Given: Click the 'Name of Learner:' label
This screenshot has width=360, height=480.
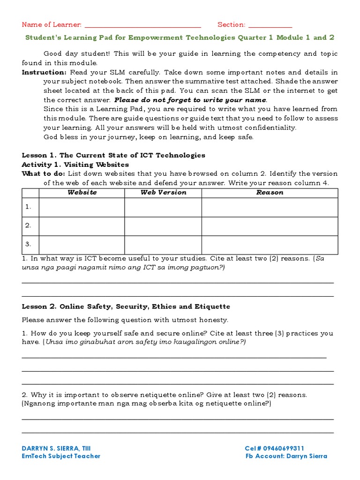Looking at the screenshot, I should click(x=52, y=24).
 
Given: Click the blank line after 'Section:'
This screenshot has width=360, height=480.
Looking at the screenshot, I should click(x=270, y=26).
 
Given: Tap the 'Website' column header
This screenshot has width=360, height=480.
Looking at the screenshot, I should click(x=82, y=192).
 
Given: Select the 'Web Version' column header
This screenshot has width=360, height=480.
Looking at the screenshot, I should click(x=163, y=192).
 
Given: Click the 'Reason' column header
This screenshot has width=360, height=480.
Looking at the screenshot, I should click(x=270, y=192).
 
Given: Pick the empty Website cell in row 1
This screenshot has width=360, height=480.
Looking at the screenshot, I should click(x=82, y=207).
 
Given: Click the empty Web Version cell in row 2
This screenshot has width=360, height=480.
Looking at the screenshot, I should click(x=163, y=225).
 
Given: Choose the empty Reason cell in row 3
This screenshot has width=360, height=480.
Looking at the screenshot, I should click(x=270, y=244).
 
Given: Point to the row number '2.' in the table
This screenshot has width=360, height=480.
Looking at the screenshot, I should click(x=28, y=225).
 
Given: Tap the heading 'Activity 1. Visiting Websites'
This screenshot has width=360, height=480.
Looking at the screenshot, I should click(x=75, y=165).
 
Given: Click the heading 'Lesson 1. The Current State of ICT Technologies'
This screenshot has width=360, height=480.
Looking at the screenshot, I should click(x=113, y=155).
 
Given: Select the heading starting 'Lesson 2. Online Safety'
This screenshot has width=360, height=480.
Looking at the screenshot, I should click(x=126, y=307).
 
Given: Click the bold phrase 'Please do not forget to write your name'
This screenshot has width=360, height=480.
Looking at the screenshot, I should click(x=190, y=100).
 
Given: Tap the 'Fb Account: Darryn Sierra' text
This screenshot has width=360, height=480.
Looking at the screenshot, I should click(x=286, y=456).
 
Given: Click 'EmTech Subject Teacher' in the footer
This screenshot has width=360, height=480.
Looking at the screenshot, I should click(x=61, y=456).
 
